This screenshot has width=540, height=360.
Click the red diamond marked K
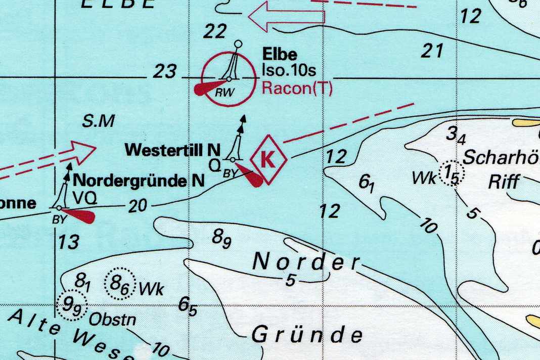(268, 159)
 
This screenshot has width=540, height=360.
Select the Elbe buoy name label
(280, 54)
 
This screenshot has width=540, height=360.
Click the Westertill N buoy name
(172, 150)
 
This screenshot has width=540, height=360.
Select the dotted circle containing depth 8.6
(120, 285)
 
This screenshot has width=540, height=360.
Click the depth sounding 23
(165, 72)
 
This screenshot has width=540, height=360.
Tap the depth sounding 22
(214, 32)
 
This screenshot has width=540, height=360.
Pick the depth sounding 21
(432, 51)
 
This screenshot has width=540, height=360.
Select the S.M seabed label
(99, 121)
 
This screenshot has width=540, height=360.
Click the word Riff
(504, 181)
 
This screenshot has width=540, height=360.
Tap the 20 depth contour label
(138, 206)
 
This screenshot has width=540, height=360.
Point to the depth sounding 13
(68, 242)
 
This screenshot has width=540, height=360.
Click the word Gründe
(307, 335)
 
